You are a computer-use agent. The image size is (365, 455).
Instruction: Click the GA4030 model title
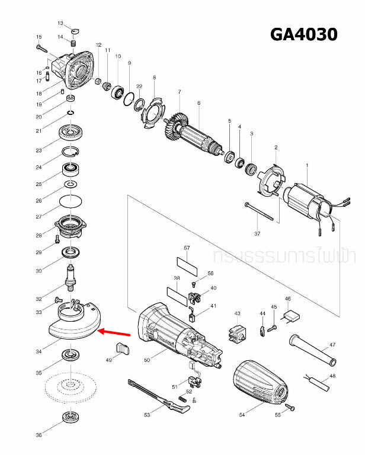(303, 35)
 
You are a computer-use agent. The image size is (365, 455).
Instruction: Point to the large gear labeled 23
(72, 132)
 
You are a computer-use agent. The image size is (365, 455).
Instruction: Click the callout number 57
(186, 247)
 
